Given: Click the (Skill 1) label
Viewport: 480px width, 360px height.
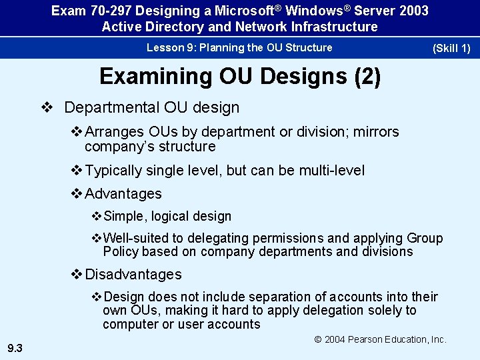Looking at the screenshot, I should coord(451,48).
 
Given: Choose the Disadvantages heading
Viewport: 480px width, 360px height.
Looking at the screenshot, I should coord(133,275).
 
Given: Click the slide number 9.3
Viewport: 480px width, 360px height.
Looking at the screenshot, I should coord(15,347).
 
